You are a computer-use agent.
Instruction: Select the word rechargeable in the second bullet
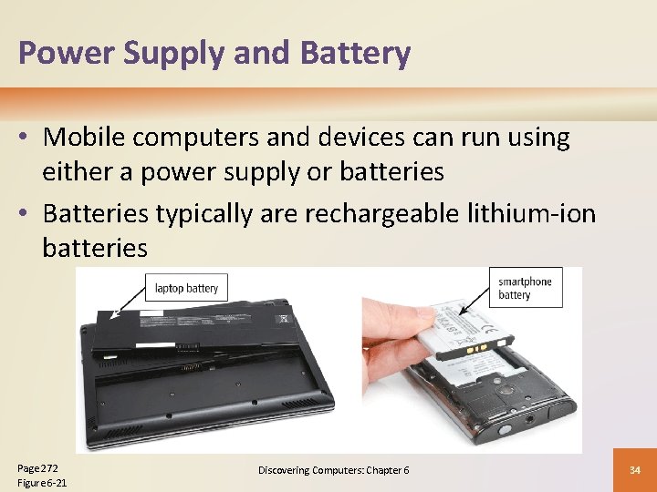point(387,214)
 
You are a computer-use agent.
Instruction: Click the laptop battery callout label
point(186,289)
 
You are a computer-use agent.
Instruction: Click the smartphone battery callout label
point(526,288)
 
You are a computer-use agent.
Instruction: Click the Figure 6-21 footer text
point(42,483)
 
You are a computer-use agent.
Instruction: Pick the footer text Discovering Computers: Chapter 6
point(333,470)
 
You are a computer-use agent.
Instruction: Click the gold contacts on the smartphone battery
point(476,350)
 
